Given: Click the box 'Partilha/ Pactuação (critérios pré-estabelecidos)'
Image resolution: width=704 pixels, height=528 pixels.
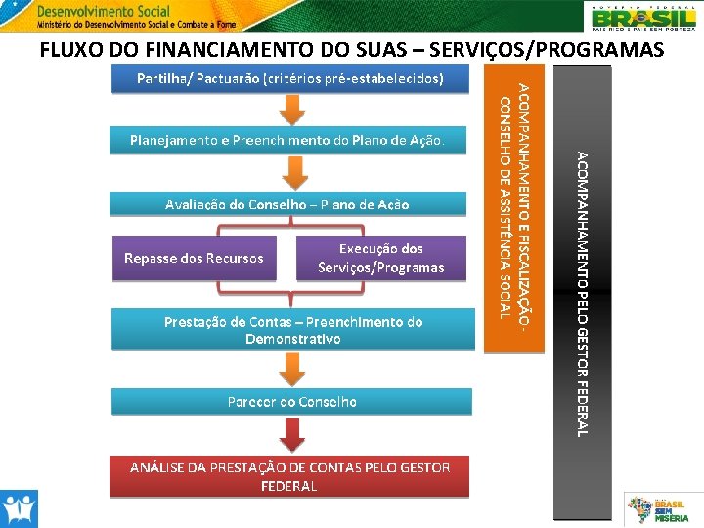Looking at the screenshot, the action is (288, 78).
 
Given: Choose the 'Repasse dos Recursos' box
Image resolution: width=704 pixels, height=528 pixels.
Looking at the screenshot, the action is (194, 259).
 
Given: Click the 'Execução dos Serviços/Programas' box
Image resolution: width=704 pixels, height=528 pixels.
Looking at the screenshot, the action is (381, 258).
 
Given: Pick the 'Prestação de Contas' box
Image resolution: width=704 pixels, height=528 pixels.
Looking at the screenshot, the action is (292, 330).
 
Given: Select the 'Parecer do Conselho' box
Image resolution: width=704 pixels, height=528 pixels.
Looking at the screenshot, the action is (291, 402).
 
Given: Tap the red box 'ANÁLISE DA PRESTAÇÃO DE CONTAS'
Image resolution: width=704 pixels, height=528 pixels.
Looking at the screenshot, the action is (289, 477).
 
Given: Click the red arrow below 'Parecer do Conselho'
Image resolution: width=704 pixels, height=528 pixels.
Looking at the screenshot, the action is (290, 434).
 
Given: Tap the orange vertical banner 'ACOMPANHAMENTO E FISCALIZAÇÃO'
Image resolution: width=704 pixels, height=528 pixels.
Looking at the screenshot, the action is (514, 205).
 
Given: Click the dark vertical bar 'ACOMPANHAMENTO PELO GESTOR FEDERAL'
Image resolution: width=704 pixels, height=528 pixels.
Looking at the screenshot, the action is (582, 293).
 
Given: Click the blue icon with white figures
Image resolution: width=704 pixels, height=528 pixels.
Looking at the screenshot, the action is (19, 508).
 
